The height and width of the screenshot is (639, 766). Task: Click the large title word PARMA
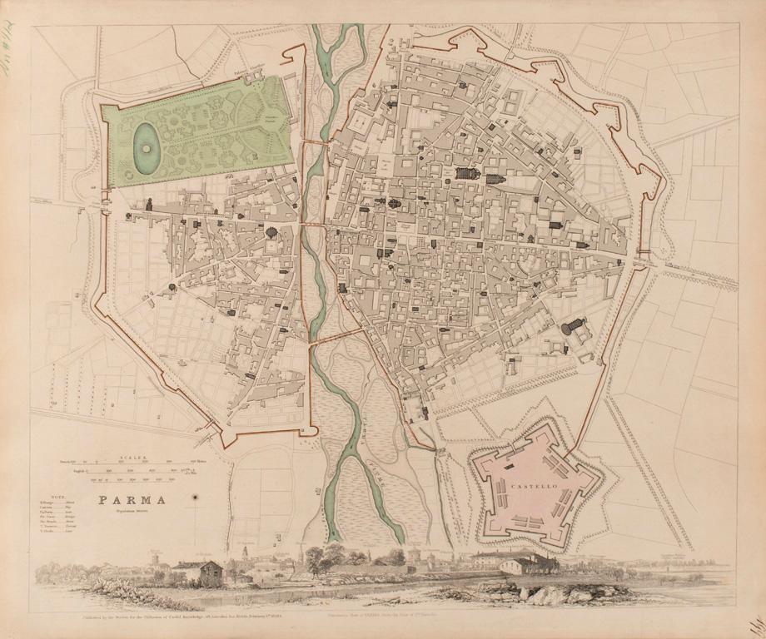[x=132, y=501]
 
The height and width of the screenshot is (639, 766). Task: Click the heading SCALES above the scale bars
[x=132, y=457]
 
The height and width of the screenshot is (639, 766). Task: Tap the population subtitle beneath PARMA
[x=132, y=513]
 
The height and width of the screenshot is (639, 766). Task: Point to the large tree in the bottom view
[x=321, y=557]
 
